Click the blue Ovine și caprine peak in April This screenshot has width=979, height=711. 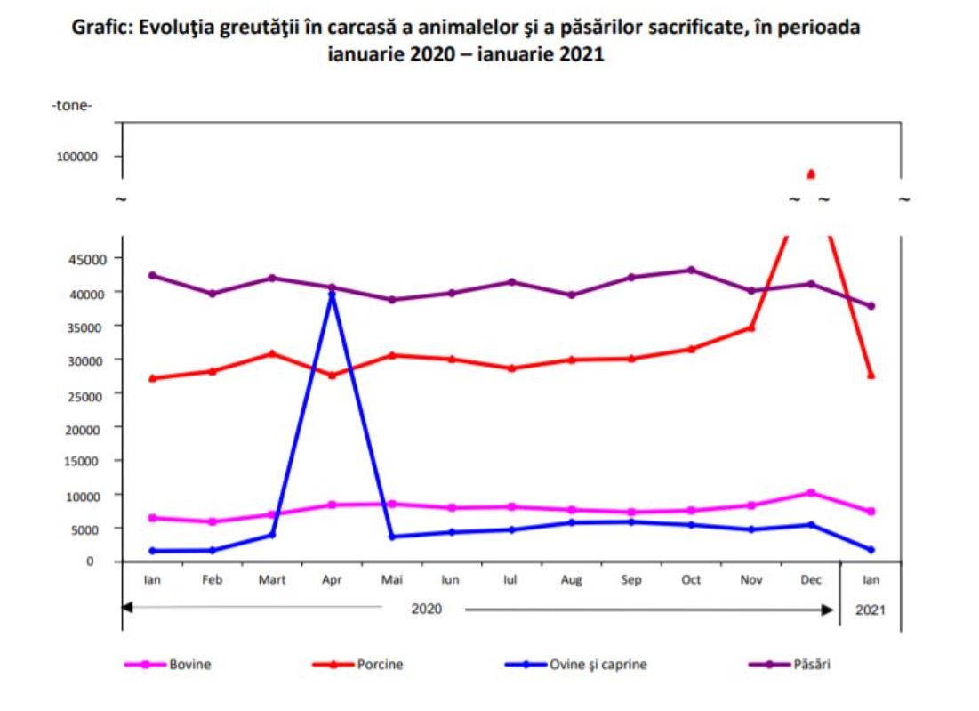333,294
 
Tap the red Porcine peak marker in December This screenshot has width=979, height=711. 810,174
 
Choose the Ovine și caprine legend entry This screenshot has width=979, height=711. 596,665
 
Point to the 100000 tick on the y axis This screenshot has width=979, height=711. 78,157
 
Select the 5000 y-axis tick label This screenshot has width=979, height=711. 84,529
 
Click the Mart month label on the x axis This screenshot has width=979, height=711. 271,579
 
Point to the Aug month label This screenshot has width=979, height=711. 572,579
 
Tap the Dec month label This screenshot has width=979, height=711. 810,579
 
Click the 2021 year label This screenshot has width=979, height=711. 871,610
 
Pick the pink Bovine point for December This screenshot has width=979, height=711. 810,492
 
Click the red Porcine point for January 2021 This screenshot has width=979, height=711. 871,375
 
